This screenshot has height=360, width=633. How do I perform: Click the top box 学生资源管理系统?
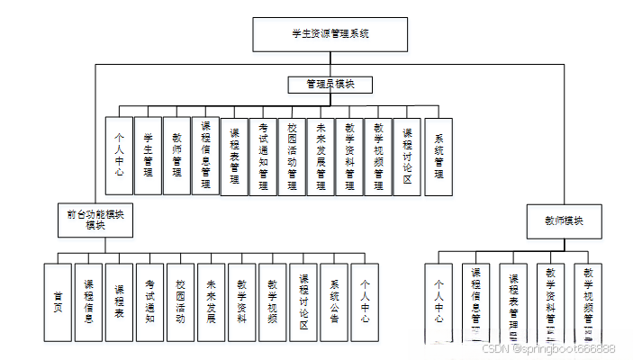(330, 33)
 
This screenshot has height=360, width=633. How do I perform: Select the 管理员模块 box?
(330, 85)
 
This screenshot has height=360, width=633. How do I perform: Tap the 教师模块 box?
(563, 220)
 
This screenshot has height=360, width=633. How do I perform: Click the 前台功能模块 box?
(95, 220)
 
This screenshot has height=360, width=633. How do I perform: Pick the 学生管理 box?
(148, 156)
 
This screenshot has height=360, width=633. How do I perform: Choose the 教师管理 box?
(176, 156)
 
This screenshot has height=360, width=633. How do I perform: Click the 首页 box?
(58, 301)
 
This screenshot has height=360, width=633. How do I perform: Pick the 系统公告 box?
(333, 301)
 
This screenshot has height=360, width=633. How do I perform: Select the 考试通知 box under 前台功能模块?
(149, 301)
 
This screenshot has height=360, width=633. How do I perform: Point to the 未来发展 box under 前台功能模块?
(211, 301)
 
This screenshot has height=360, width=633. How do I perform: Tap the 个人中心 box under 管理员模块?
(119, 156)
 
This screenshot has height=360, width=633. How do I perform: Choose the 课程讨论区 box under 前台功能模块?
(303, 301)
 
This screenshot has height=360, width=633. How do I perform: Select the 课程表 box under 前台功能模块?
(119, 301)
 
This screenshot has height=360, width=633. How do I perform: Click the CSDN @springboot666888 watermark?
(548, 348)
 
